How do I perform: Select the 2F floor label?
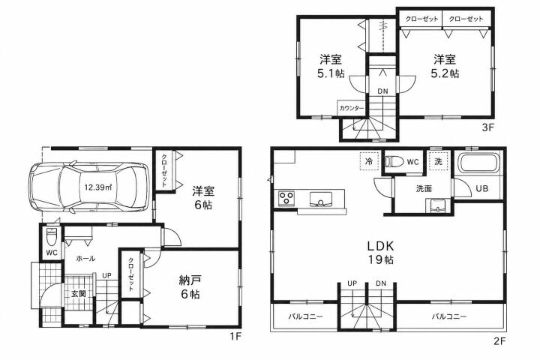[x=499, y=341]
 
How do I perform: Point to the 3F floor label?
[x=487, y=127]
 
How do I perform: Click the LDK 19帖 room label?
[x=380, y=253]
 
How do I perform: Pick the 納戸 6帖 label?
[x=190, y=287]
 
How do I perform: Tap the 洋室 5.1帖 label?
[x=331, y=67]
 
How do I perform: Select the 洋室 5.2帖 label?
[x=445, y=67]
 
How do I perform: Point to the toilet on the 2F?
[x=394, y=161]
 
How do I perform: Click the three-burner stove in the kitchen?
[x=286, y=199]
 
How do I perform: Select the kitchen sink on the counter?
[x=321, y=199]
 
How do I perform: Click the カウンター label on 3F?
[x=351, y=108]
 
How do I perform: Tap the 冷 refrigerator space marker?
[x=369, y=161]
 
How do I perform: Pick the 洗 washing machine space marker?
[x=439, y=161]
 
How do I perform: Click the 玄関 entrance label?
[x=78, y=294]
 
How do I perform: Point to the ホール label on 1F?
[x=85, y=258]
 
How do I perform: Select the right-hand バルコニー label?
[x=449, y=316]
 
